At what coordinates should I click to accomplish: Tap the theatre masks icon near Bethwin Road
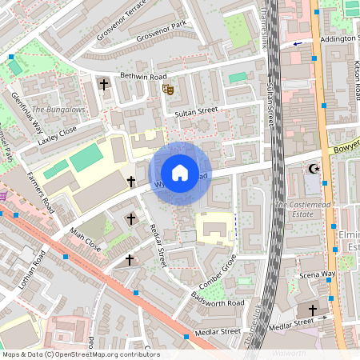click(167, 90)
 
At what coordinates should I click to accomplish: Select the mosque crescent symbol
click(313, 168)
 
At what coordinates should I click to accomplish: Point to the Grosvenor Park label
click(161, 37)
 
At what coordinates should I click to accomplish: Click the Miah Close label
click(85, 238)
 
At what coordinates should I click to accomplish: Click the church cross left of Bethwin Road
click(103, 84)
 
